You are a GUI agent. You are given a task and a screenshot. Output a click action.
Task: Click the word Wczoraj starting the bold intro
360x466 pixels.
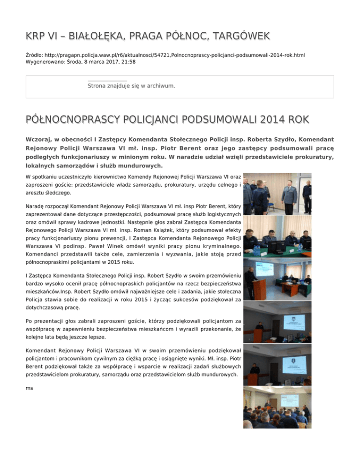pos(41,140)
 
